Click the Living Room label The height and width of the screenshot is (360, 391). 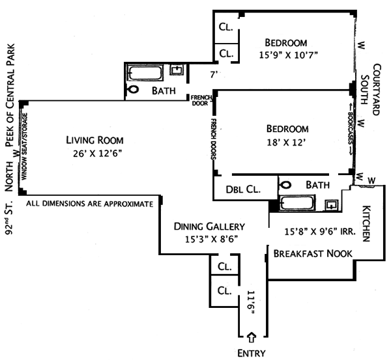click(x=94, y=140)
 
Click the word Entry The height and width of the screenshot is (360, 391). click(x=252, y=353)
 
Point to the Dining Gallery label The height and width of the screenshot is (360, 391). click(x=209, y=227)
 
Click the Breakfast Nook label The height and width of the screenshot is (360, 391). click(x=313, y=253)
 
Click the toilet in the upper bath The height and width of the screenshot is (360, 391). click(x=134, y=90)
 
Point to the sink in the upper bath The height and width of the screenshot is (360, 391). click(x=176, y=70)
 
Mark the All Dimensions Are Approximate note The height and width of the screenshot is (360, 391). click(x=90, y=204)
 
